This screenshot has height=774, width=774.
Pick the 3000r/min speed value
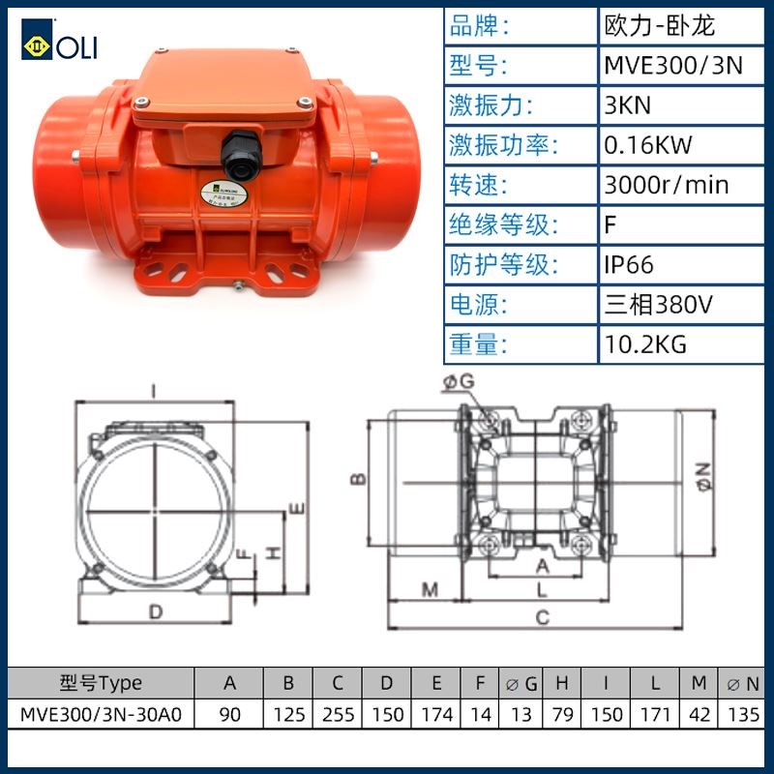[x=666, y=185]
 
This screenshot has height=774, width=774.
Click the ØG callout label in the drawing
[x=459, y=384]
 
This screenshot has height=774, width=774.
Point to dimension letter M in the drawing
[x=431, y=588]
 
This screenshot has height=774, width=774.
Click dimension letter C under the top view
[x=543, y=616]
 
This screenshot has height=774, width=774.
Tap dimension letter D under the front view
[x=155, y=610]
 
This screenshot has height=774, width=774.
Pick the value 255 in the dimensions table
[x=337, y=715]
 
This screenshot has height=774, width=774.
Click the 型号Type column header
[x=100, y=683]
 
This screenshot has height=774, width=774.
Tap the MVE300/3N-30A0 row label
[x=100, y=715]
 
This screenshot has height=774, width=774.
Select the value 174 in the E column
[x=436, y=715]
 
